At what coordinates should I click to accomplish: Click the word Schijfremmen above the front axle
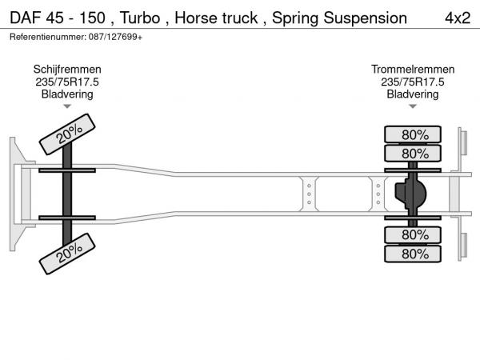point(67,70)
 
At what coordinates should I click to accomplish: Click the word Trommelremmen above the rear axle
point(413,70)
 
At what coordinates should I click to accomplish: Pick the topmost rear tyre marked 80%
point(414,134)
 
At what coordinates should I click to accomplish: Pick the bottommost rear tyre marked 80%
point(414,254)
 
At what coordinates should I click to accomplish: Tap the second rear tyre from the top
point(414,153)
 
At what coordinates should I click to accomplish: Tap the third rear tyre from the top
point(414,234)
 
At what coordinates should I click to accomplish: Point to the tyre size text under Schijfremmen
point(67,82)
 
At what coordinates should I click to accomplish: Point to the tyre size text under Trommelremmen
point(413,82)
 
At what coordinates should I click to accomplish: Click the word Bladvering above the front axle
point(67,94)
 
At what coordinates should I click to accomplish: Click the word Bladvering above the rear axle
point(413,94)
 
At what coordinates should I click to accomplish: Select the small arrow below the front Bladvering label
point(67,106)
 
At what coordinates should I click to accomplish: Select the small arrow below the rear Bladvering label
point(413,106)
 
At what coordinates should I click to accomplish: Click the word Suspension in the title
point(362,18)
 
